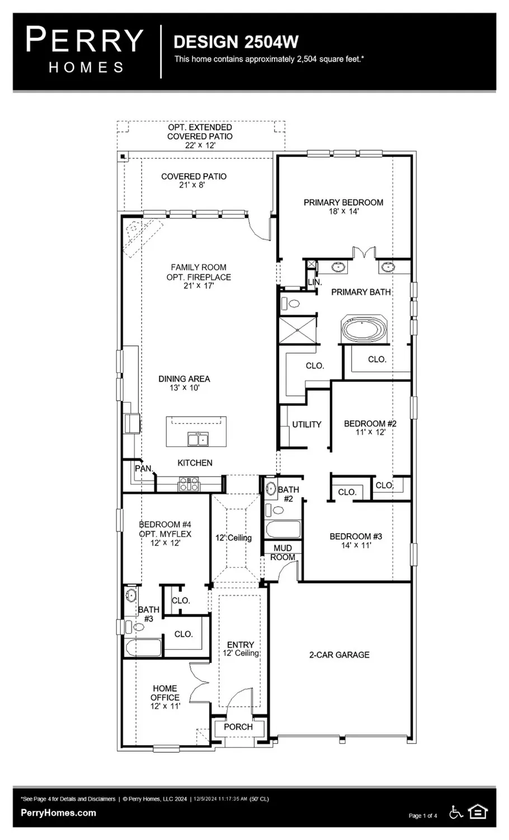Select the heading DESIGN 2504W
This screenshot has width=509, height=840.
(x=236, y=42)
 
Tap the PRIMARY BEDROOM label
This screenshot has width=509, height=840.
(x=343, y=202)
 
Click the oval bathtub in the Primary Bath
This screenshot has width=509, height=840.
(x=364, y=330)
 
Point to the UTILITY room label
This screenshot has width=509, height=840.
(x=307, y=424)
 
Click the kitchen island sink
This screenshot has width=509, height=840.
(x=197, y=439)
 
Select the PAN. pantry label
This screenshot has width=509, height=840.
(x=144, y=468)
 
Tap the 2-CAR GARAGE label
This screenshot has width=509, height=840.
(x=339, y=655)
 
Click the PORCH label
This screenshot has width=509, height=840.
(x=238, y=727)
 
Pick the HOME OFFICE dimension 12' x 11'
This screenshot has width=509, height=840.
(x=165, y=707)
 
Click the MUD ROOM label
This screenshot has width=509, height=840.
(x=282, y=553)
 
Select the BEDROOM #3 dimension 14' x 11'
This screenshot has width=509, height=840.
(x=356, y=545)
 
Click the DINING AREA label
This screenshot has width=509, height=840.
(x=184, y=379)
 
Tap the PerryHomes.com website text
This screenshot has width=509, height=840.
(x=58, y=813)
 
